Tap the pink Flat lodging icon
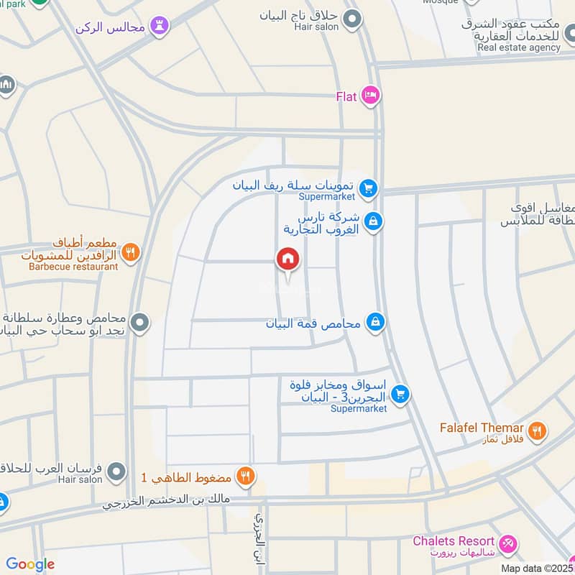tap(371, 96)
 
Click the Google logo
tap(30, 564)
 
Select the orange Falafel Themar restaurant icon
tap(536, 431)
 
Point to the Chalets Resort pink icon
tap(508, 541)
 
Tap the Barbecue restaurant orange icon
tap(130, 252)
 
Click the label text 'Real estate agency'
tap(518, 47)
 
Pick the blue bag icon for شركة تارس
tap(372, 221)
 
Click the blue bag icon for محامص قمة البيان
tap(374, 322)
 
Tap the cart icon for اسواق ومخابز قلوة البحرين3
tap(401, 393)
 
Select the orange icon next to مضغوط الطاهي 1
tap(246, 475)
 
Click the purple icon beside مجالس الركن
tap(160, 27)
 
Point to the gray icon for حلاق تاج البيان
tap(351, 19)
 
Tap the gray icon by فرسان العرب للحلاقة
tap(115, 472)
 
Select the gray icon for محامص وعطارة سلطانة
tap(140, 323)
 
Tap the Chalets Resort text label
tap(454, 541)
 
